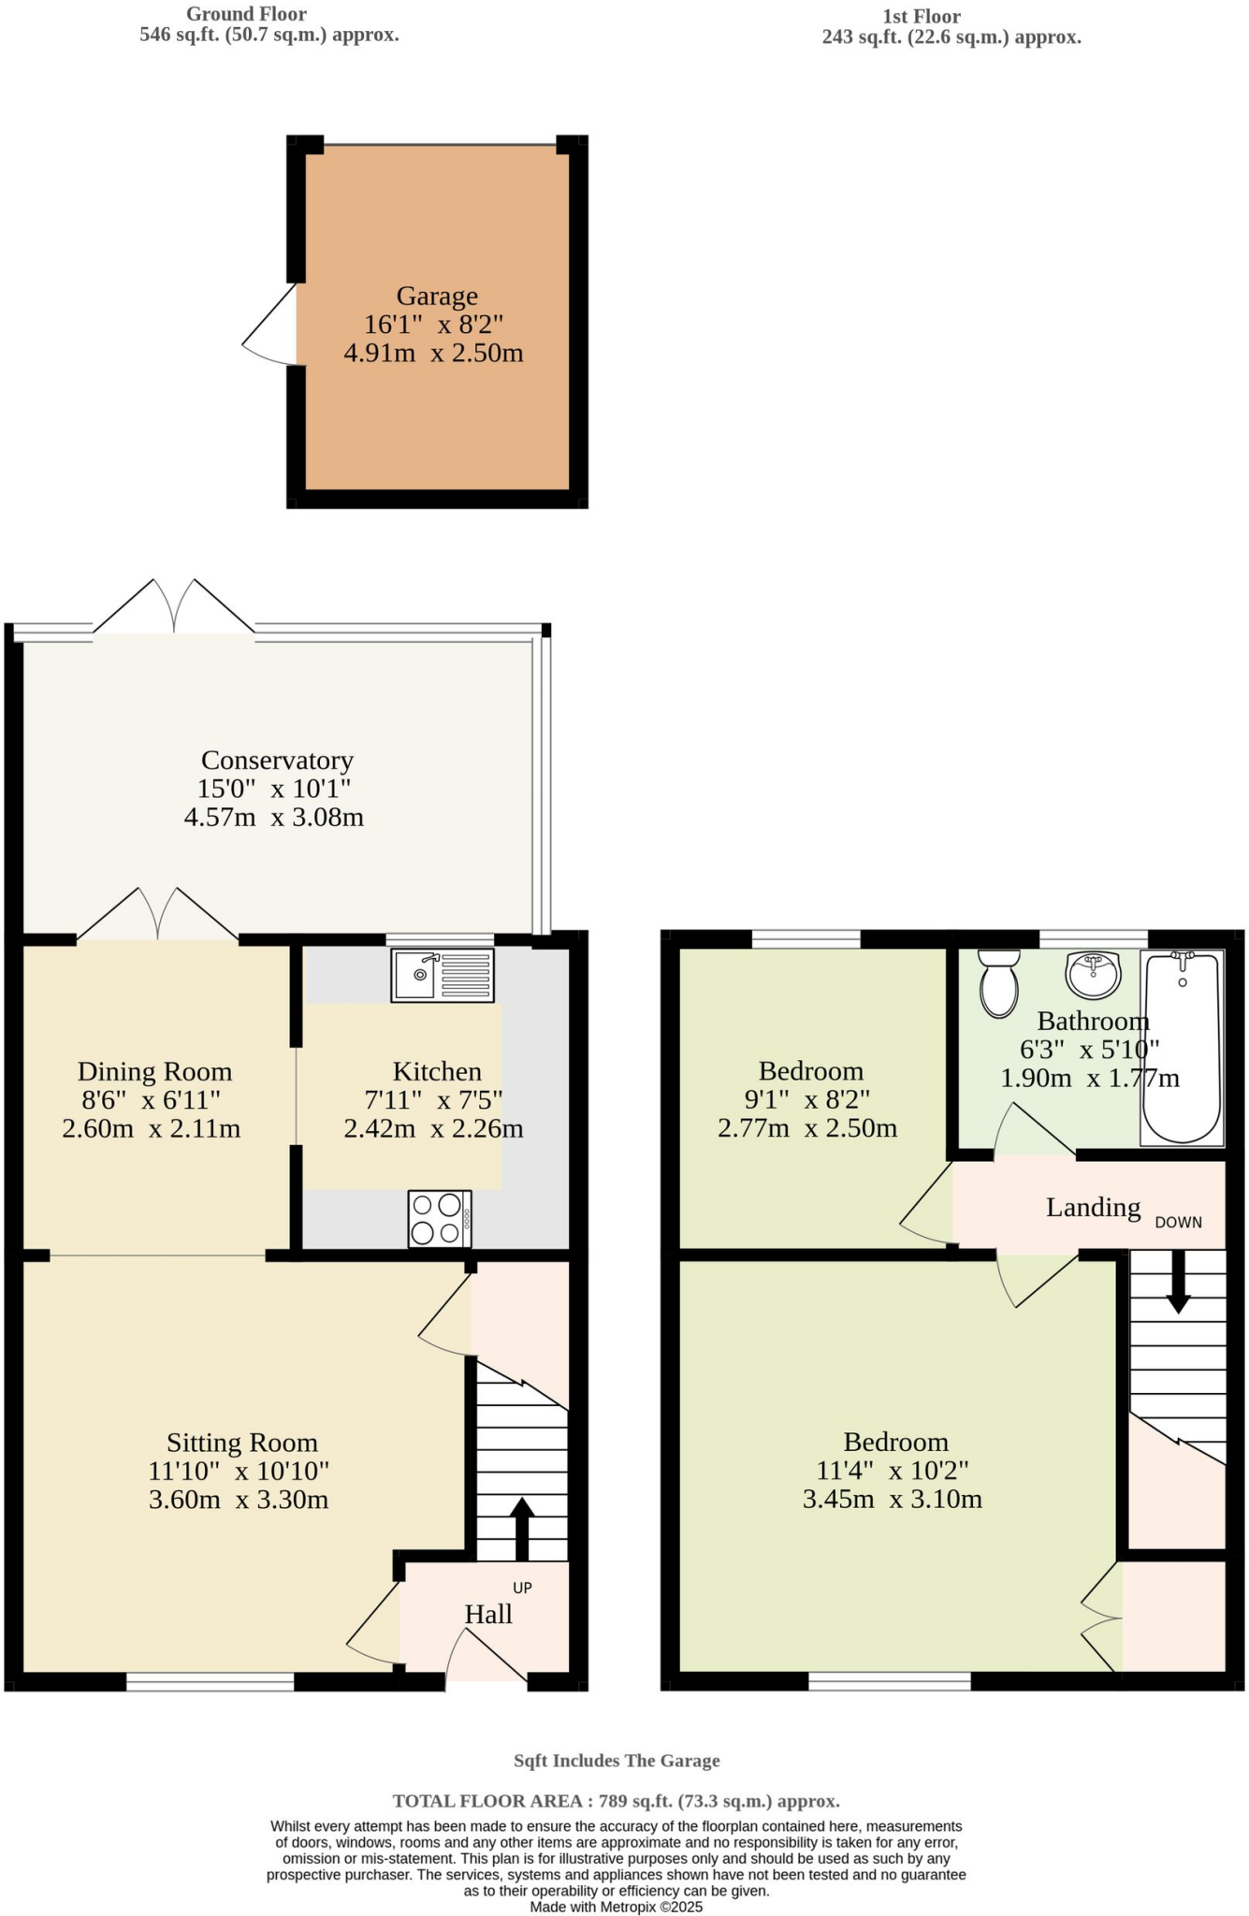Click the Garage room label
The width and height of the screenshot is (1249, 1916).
point(437,296)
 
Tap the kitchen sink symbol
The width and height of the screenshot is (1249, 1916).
point(443,975)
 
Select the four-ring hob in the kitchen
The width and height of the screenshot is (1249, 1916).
point(440,1219)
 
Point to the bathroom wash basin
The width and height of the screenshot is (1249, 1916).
point(1093,975)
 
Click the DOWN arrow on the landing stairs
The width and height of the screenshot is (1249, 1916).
point(1178,1283)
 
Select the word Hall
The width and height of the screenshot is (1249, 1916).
point(488,1614)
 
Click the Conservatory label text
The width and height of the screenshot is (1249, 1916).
point(277,760)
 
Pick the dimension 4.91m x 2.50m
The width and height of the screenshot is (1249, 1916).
point(433,354)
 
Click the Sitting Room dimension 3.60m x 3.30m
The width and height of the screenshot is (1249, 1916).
point(239,1500)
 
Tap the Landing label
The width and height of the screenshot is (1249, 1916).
point(1093,1207)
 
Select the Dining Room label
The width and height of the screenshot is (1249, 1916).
point(154,1071)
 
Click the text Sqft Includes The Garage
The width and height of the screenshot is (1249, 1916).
point(617,1761)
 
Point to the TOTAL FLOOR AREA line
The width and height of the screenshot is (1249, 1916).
point(616,1801)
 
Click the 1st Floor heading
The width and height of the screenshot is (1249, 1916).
point(921,16)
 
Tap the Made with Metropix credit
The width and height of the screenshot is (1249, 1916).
point(616,1907)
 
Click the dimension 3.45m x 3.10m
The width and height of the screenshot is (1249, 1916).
point(893,1500)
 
